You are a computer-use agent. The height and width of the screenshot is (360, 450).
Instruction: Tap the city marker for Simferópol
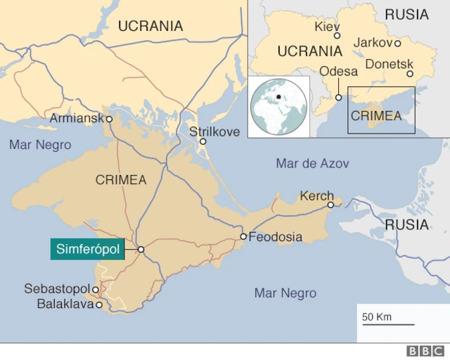pyautogui.click(x=141, y=249)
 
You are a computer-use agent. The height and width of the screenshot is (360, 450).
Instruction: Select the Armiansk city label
pyautogui.click(x=76, y=119)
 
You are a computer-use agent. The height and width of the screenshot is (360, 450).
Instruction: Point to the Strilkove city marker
pyautogui.click(x=202, y=141)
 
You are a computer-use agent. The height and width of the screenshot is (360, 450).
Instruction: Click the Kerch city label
pyautogui.click(x=316, y=195)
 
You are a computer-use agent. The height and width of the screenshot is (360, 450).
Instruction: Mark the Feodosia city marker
pyautogui.click(x=243, y=236)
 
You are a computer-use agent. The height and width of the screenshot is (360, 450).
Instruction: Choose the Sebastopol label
pyautogui.click(x=56, y=289)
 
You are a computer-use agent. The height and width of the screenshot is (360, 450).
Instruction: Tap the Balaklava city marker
pyautogui.click(x=99, y=304)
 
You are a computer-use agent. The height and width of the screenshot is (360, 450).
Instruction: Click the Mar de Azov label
pyautogui.click(x=312, y=163)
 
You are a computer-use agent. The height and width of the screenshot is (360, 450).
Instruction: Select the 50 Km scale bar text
pyautogui.click(x=377, y=316)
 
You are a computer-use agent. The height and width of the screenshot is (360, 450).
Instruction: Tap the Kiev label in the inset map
pyautogui.click(x=327, y=26)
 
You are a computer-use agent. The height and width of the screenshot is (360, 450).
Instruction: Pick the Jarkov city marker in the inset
pyautogui.click(x=397, y=43)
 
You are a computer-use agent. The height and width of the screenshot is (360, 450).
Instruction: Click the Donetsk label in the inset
pyautogui.click(x=389, y=63)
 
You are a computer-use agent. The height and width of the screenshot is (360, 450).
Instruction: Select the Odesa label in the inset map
pyautogui.click(x=338, y=71)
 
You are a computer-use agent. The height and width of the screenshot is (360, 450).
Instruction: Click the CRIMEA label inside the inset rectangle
pyautogui.click(x=376, y=116)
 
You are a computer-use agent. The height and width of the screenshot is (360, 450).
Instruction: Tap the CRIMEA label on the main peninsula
pyautogui.click(x=121, y=180)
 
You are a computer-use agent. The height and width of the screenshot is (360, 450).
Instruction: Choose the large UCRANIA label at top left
pyautogui.click(x=150, y=26)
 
